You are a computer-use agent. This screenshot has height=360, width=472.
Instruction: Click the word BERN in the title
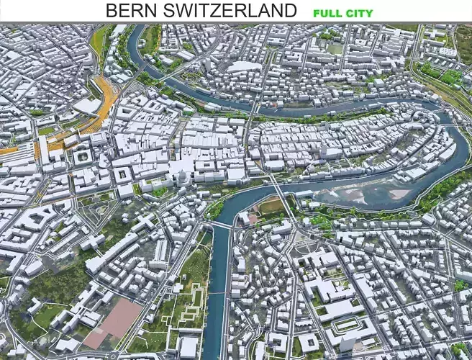[x=131, y=11]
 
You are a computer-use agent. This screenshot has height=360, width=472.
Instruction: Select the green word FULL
[x=327, y=12]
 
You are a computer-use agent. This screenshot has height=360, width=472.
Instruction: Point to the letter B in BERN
[x=112, y=11]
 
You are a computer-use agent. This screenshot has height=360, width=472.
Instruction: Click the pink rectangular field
[x=115, y=320]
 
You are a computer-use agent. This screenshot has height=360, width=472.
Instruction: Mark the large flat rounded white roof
[x=245, y=66]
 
